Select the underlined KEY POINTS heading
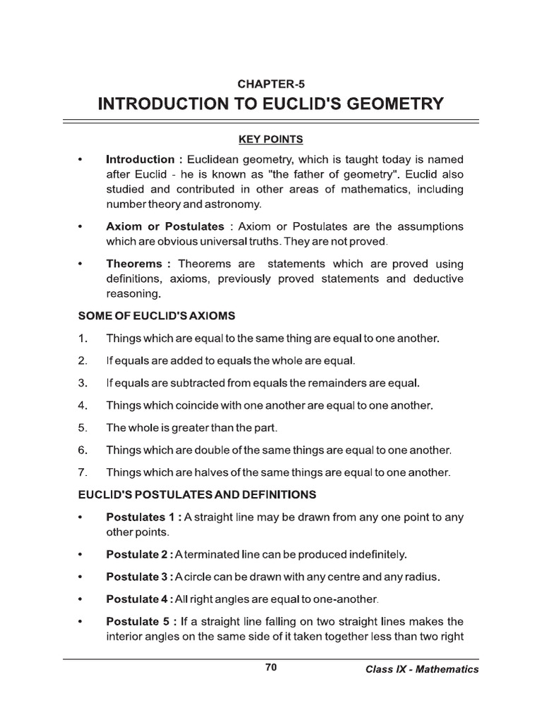pos(271,139)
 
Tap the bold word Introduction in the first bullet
pos(140,159)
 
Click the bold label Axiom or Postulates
pos(165,226)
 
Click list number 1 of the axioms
pos(82,338)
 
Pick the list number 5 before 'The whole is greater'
pos(82,427)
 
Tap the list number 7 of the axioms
pos(82,472)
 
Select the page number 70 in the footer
pos(271,668)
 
